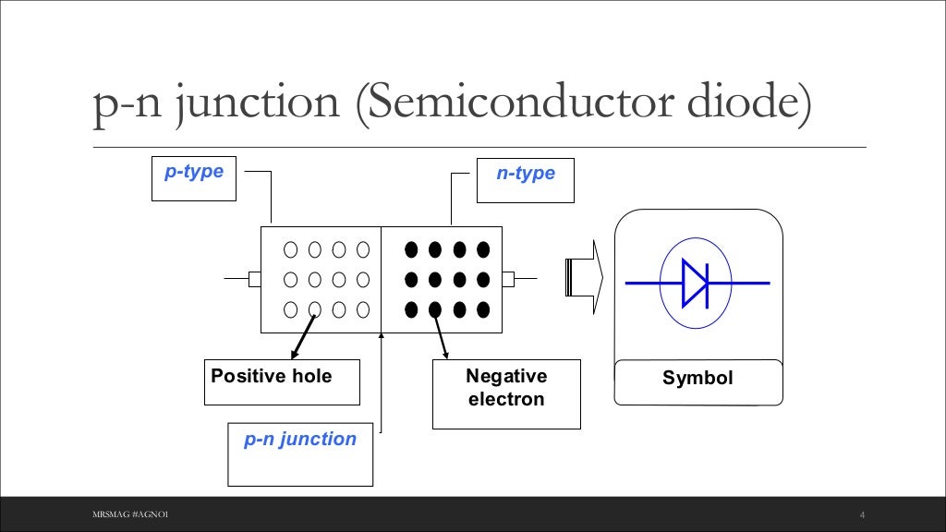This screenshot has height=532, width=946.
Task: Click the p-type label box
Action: pos(194,179)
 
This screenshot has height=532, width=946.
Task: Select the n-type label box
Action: pos(525,180)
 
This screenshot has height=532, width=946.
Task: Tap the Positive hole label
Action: pos(272,376)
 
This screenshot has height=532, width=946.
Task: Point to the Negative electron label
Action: pos(506,388)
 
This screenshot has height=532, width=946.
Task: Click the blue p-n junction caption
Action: pos(300,440)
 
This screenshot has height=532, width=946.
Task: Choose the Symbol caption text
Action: pos(697,378)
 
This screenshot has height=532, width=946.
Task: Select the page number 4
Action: pos(861,514)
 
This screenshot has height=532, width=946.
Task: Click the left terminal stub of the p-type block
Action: pos(254,279)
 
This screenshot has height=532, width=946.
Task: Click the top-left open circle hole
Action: pos(290,248)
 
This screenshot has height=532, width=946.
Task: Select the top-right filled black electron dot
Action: pos(483,248)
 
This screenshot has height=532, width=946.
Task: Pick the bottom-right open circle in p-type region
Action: pos(363,309)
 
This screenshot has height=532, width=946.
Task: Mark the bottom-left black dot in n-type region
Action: pos(411,309)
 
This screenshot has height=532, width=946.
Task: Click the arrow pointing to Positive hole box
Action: pos(302,338)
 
